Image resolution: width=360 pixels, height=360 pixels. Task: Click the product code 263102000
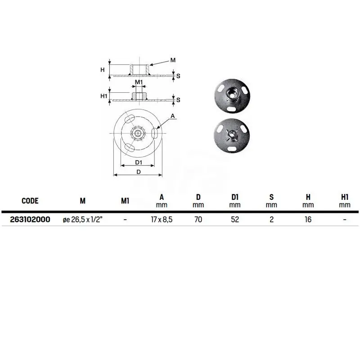pyautogui.click(x=30, y=220)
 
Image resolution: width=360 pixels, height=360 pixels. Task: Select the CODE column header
pyautogui.click(x=30, y=201)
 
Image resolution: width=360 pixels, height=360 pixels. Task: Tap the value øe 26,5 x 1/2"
pyautogui.click(x=82, y=220)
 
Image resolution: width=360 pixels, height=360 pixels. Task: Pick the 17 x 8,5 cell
pyautogui.click(x=162, y=220)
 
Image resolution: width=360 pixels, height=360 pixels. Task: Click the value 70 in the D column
pyautogui.click(x=198, y=220)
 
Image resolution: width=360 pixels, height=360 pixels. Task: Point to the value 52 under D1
pyautogui.click(x=235, y=220)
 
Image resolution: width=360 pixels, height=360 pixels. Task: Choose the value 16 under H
pyautogui.click(x=308, y=220)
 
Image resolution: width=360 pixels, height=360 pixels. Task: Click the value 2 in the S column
pyautogui.click(x=272, y=220)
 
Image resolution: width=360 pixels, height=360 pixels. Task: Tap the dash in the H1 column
pyautogui.click(x=345, y=220)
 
